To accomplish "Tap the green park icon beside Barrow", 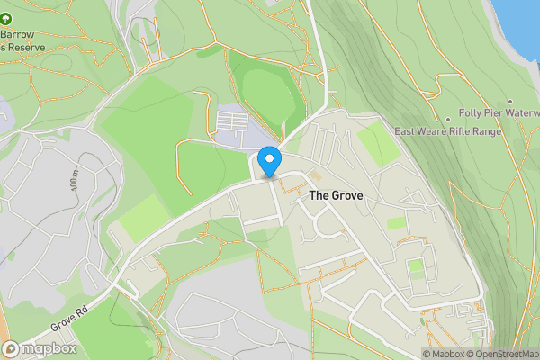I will pyautogui.click(x=7, y=17).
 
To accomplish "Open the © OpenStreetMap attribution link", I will pyautogui.click(x=501, y=354).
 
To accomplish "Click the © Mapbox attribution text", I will pyautogui.click(x=443, y=354).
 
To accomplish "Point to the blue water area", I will pyautogui.click(x=522, y=18).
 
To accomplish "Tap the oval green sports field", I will pyautogui.click(x=267, y=94).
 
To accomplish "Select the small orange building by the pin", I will pyautogui.click(x=315, y=174).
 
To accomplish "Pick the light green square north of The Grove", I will pyautogui.click(x=378, y=144).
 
